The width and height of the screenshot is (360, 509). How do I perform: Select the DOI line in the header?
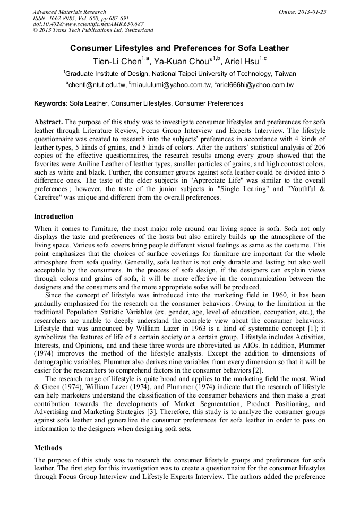click(88, 24)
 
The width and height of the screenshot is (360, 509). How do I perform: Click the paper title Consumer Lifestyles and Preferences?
click(179, 48)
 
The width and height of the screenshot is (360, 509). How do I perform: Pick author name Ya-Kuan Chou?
click(178, 61)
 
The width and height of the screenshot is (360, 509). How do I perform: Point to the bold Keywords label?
click(50, 103)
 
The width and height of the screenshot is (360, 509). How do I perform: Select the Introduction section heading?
click(54, 217)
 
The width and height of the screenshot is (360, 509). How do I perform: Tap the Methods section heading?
click(48, 448)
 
